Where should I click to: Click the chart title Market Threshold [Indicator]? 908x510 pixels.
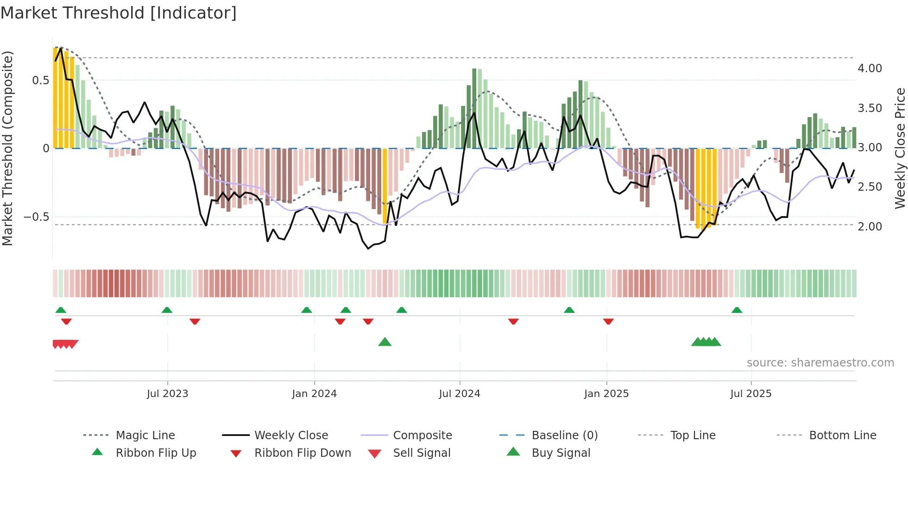119,13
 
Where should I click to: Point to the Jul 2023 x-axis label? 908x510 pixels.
167,394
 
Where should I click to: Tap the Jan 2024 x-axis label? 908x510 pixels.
314,394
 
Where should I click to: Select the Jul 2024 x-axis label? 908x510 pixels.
459,394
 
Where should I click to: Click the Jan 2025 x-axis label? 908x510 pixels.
606,394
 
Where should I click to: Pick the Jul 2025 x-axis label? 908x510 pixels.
750,394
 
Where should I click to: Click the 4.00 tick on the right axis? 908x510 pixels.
870,68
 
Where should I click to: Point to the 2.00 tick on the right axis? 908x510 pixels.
870,227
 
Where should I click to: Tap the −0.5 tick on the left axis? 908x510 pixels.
37,217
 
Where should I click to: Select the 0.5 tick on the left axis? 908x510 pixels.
40,81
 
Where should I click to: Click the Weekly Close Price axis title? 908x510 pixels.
900,148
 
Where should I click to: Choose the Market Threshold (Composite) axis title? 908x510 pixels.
7,148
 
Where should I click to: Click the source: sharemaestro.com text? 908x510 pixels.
820,363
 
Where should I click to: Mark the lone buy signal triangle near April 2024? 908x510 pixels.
385,342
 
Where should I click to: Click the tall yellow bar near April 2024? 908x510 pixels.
385,185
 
